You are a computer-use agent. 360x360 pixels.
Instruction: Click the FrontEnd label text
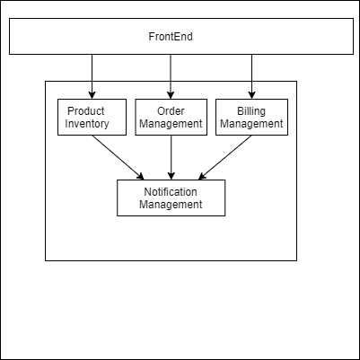171,37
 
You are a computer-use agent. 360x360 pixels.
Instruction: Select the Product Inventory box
92,117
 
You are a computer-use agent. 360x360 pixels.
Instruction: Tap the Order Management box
171,117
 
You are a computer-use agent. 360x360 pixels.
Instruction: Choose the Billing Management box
251,117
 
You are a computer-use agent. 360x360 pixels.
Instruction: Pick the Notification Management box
171,198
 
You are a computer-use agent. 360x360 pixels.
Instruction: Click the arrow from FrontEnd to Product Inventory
92,76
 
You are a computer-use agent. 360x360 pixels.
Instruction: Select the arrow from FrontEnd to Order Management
171,76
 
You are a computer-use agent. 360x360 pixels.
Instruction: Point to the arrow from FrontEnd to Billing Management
251,76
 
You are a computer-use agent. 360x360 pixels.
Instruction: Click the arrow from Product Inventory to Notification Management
118,157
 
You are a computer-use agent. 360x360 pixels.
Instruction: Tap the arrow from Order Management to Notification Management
171,157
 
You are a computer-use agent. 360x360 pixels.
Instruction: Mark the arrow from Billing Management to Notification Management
224,157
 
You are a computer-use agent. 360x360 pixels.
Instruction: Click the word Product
86,111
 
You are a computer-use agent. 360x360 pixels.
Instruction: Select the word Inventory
87,124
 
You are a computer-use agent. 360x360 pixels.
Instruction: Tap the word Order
171,111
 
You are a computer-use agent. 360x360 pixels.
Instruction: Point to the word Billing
251,111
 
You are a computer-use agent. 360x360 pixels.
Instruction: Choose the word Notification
171,192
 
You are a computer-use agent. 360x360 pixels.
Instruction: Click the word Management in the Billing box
251,124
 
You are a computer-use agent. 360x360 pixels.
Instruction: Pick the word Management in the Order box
171,124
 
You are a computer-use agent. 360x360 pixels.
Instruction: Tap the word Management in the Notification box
171,205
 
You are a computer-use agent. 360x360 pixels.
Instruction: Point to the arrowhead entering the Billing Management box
251,95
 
